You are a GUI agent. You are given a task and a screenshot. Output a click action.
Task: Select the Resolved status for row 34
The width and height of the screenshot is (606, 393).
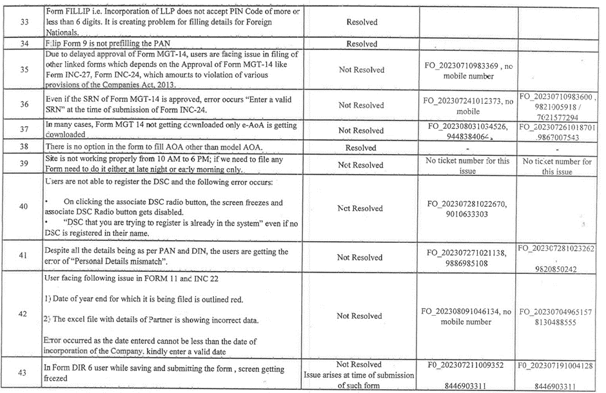click(x=362, y=44)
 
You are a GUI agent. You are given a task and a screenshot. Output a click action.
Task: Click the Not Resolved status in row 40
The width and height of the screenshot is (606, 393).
click(x=361, y=208)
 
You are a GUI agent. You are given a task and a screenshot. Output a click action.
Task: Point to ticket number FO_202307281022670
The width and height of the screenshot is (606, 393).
click(x=467, y=203)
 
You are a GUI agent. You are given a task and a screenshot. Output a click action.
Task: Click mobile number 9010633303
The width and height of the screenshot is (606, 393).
click(x=467, y=213)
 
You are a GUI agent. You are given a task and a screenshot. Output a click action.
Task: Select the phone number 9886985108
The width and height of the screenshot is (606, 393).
click(x=467, y=263)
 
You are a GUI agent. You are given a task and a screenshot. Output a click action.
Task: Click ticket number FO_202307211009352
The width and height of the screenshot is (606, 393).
click(x=467, y=365)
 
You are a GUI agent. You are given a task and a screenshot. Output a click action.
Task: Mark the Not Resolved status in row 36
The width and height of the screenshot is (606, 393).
click(x=361, y=104)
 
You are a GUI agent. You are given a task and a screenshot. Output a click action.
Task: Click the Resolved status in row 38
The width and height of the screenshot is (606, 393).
click(x=362, y=148)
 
